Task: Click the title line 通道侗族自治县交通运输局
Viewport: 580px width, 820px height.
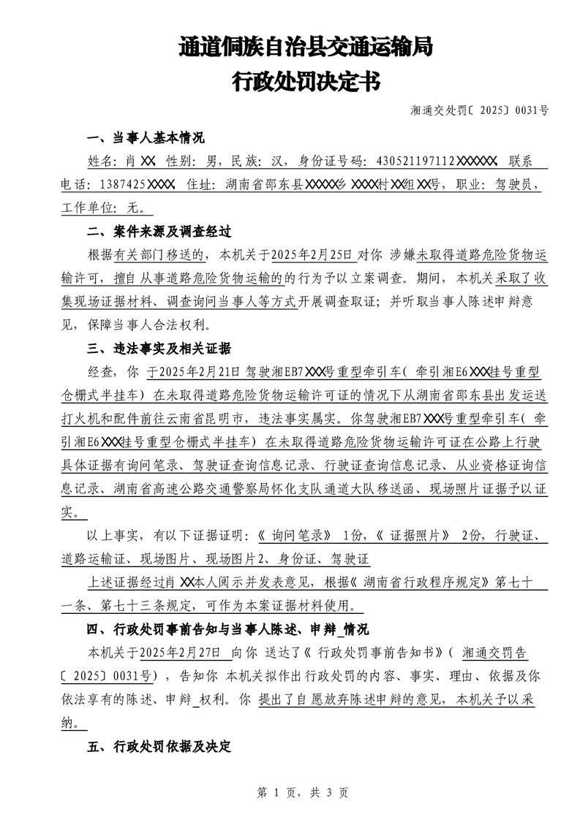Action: (306, 48)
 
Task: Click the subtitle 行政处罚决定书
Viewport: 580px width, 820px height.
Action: (306, 81)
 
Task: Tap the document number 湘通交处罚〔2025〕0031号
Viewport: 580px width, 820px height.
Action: (480, 111)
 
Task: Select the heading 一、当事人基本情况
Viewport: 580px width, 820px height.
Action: (146, 138)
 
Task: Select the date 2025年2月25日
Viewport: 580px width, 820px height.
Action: (312, 255)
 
